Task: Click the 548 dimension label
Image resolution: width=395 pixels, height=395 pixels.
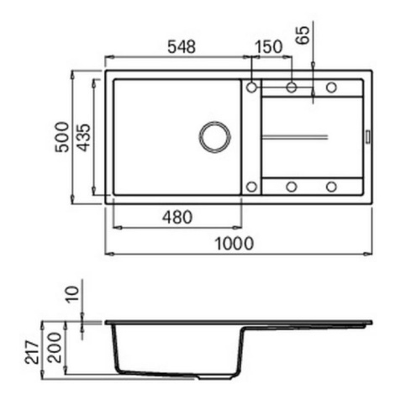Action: pos(182,47)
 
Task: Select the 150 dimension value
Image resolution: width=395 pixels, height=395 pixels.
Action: pos(268,47)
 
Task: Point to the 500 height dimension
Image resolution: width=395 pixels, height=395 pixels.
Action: pos(62,137)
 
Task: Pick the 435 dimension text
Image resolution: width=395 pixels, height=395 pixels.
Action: pos(84,137)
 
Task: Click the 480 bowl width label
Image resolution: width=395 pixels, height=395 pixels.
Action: pos(177,218)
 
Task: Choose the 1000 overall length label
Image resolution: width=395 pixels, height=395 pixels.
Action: pos(234,244)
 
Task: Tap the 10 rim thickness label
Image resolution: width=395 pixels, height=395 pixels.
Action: pos(73,294)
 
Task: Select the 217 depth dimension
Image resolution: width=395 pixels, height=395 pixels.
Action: pos(32,352)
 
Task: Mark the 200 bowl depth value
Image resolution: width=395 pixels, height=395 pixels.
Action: pos(54,348)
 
